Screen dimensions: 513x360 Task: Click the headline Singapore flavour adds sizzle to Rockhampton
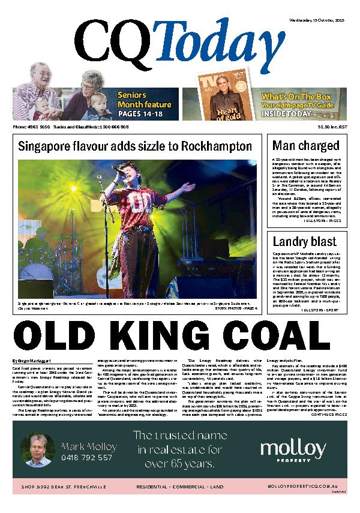pyautogui.click(x=135, y=146)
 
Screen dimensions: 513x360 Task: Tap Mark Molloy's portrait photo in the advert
pyautogui.click(x=37, y=450)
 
